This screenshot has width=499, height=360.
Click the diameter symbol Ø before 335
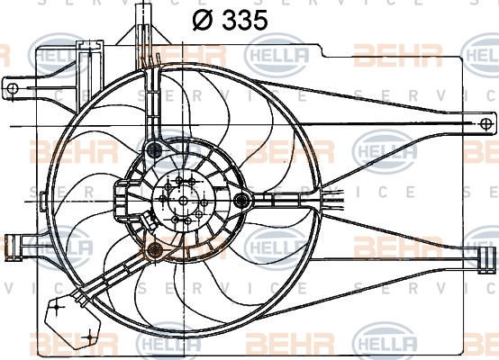pyautogui.click(x=202, y=20)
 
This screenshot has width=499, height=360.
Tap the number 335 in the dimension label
pyautogui.click(x=244, y=20)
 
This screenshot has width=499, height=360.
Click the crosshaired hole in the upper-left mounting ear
pyautogui.click(x=13, y=88)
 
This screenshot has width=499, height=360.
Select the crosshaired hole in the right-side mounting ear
pyautogui.click(x=486, y=123)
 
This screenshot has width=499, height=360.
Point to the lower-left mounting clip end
pyautogui.click(x=13, y=245)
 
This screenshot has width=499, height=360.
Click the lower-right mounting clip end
pyautogui.click(x=487, y=260)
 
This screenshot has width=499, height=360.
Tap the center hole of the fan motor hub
pyautogui.click(x=184, y=201)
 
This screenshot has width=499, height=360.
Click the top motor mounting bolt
pyautogui.click(x=155, y=148)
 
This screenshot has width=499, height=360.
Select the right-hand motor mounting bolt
pyautogui.click(x=241, y=201)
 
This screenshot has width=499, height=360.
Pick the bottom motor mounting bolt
pyautogui.click(x=156, y=249)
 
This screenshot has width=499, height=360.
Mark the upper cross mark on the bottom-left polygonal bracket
pyautogui.click(x=57, y=307)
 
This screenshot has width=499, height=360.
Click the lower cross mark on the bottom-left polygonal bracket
pyautogui.click(x=89, y=336)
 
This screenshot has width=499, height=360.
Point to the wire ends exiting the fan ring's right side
pyautogui.click(x=332, y=199)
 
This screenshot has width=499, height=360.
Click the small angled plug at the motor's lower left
pyautogui.click(x=150, y=220)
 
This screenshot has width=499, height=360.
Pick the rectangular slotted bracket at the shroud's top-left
pyautogui.click(x=89, y=76)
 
